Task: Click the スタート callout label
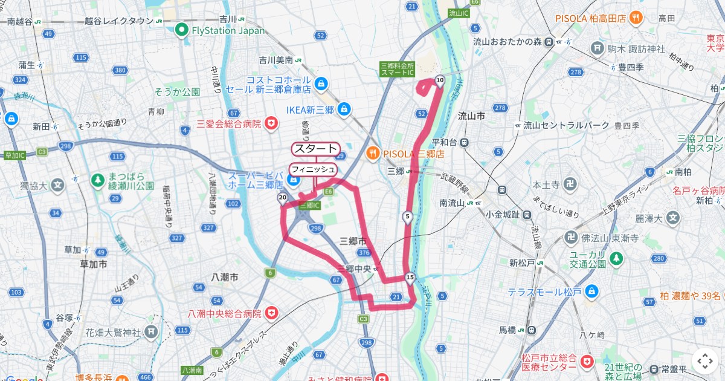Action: [315, 149]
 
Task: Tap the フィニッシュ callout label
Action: [312, 169]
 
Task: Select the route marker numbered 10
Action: [440, 80]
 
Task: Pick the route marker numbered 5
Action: [408, 217]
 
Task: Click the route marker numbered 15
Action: [410, 278]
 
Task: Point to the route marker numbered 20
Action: [282, 198]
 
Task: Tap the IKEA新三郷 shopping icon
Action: [344, 109]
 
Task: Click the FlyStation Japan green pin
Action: [181, 30]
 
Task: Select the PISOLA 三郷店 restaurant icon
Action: [374, 154]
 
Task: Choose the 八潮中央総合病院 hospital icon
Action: [271, 313]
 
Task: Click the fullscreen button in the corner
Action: [704, 361]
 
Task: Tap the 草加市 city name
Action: [94, 264]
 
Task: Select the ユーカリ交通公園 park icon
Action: [616, 259]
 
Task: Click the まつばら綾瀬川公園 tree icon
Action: [97, 180]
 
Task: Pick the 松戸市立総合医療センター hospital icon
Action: [585, 362]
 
